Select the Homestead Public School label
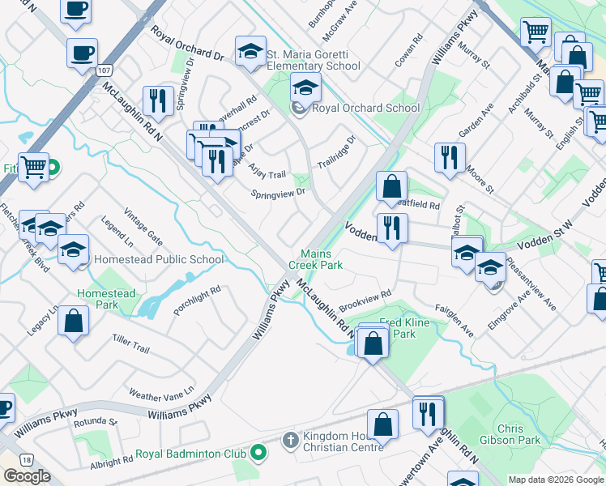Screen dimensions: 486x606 pos(159,260)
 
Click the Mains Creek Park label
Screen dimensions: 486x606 pos(322,259)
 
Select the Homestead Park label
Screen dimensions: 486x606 pos(106,299)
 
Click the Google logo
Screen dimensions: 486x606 pos(27,476)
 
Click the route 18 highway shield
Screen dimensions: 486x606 pos(28,459)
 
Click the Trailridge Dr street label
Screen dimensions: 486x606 pos(336,151)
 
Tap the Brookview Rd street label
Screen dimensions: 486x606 pos(365,300)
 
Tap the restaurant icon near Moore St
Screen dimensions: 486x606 pos(449,157)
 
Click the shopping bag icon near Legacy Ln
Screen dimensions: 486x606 pos(74,320)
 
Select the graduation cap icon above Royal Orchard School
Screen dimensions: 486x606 pos(306,87)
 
